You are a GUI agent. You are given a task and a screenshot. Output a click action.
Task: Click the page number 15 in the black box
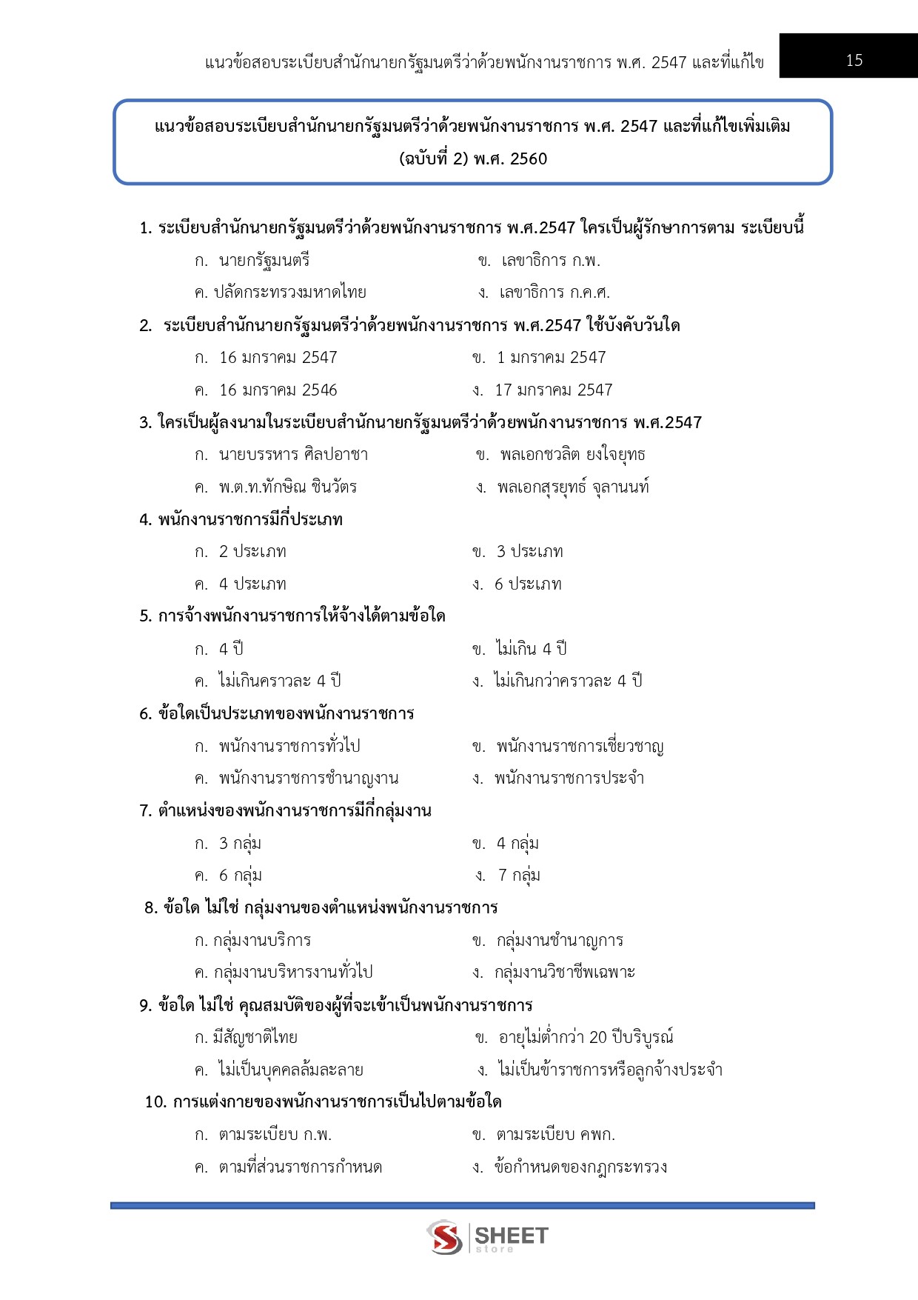click(854, 60)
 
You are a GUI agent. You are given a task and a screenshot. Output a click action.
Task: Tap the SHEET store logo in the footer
click(487, 1236)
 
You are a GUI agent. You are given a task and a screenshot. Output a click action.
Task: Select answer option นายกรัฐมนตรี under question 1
click(264, 260)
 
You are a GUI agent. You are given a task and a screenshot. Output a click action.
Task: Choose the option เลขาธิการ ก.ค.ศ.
click(554, 293)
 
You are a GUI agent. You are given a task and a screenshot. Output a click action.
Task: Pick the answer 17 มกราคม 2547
click(553, 390)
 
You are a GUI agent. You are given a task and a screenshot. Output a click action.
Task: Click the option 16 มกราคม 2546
click(278, 390)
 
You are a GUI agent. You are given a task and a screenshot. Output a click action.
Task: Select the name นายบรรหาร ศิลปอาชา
click(293, 454)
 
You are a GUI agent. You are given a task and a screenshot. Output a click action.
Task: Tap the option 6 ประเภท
click(528, 584)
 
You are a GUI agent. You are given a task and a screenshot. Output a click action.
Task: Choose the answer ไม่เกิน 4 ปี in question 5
click(531, 649)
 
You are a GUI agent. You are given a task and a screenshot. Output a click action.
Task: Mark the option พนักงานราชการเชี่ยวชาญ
click(579, 746)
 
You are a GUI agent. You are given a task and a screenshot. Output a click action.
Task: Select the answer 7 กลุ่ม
click(518, 875)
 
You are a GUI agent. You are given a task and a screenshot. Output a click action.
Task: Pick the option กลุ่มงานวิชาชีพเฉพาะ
click(564, 972)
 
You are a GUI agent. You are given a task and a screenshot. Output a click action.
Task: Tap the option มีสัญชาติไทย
click(255, 1037)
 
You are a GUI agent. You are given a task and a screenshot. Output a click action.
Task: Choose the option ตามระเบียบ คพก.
click(555, 1134)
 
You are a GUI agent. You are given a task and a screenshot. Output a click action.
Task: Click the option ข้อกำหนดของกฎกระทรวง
click(580, 1167)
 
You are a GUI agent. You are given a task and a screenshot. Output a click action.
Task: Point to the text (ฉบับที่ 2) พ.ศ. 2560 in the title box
click(473, 159)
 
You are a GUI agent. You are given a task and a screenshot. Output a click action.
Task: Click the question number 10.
click(155, 1101)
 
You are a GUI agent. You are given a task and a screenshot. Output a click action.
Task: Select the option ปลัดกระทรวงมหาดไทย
click(289, 293)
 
